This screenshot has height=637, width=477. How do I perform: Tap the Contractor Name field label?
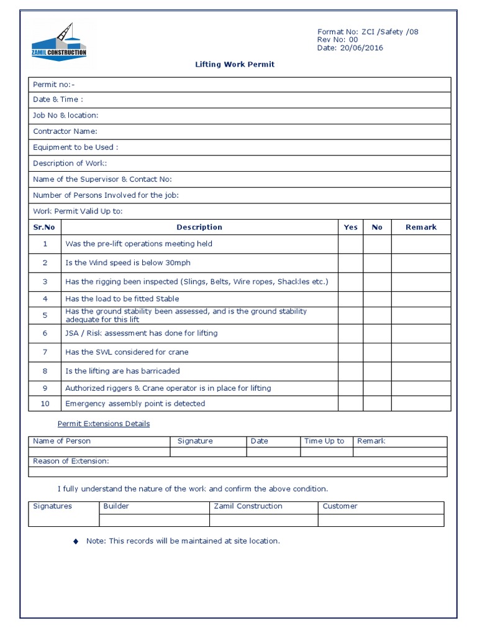click(65, 131)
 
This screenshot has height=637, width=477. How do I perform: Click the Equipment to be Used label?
click(75, 147)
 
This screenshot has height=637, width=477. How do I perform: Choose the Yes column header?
click(350, 227)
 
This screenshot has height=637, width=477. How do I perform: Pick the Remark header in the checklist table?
click(420, 227)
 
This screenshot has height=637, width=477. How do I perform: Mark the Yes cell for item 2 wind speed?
click(350, 263)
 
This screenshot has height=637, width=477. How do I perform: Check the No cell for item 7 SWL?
click(377, 352)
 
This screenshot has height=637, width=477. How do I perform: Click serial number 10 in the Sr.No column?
click(45, 404)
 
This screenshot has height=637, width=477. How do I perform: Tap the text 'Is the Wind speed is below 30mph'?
click(128, 263)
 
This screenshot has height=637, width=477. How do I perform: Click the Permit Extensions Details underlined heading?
click(104, 424)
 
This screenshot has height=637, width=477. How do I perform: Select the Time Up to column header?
click(324, 441)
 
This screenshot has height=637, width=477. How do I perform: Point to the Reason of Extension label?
click(71, 461)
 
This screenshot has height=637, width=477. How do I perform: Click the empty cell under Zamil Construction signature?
click(263, 520)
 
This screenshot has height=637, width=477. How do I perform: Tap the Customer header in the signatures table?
click(340, 506)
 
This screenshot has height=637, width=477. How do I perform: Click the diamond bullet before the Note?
click(76, 542)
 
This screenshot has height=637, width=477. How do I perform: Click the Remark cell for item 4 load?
click(420, 299)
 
